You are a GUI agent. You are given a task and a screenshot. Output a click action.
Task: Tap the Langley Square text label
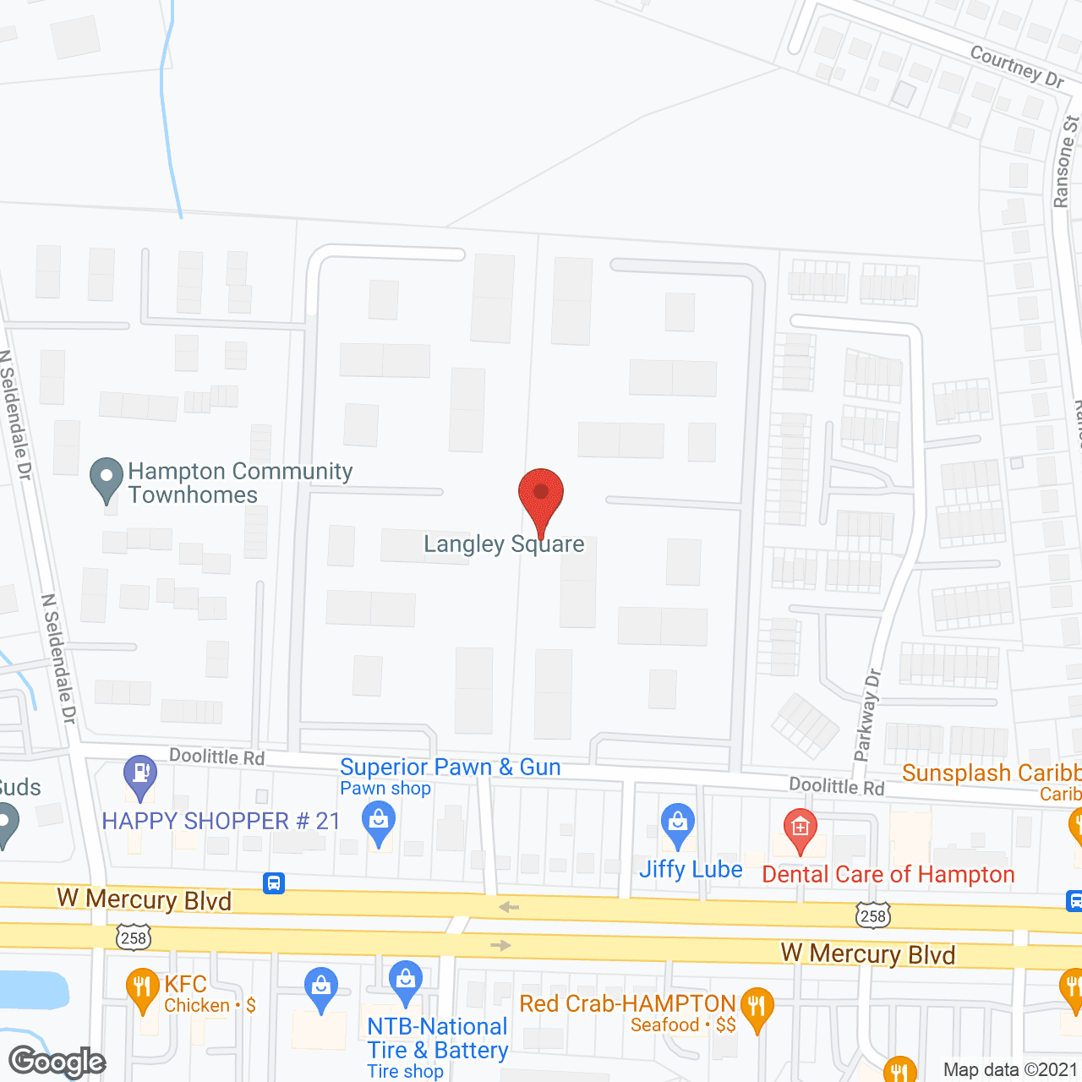coord(504,544)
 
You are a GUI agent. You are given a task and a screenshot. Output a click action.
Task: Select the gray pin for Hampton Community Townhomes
coord(107,480)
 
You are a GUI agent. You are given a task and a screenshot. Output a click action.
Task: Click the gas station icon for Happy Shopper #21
coord(140,776)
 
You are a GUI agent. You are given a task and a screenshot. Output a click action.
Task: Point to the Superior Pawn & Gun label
coord(450,768)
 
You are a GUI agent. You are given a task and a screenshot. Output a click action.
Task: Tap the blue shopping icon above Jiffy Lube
coord(678,824)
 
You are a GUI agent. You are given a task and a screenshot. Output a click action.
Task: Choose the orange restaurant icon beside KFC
coord(142,989)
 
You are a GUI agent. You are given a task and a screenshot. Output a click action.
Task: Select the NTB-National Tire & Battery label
coord(438,1039)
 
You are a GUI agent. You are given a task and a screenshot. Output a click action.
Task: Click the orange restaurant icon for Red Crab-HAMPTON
coord(757,1008)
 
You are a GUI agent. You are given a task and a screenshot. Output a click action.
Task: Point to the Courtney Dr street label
coord(1017,66)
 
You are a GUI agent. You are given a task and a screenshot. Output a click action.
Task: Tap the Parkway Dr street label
coord(868,715)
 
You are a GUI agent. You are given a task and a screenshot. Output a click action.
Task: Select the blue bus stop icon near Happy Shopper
coord(274,883)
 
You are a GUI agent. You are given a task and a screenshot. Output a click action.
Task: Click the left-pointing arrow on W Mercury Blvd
coord(509,907)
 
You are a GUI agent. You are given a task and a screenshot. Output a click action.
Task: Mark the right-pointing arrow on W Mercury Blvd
coord(501,945)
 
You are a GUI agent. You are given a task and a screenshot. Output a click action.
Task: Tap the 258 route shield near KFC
coord(134,937)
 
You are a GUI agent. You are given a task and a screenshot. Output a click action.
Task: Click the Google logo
coord(57,1062)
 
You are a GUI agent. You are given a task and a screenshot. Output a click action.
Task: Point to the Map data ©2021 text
coord(1011,1070)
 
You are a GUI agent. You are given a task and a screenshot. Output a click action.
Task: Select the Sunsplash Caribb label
coord(991,773)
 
